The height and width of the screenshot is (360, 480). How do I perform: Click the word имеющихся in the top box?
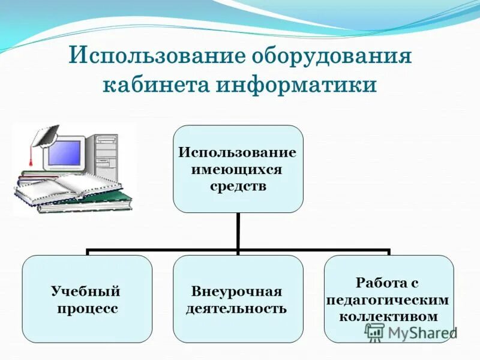tap(236, 169)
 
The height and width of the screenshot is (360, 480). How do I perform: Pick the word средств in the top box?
tap(238, 186)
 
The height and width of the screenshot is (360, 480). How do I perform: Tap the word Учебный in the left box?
tap(86, 292)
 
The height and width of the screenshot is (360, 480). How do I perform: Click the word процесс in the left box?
tap(88, 310)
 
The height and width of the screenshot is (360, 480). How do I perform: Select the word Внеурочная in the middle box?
tap(236, 292)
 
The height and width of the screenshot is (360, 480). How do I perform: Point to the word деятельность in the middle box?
tap(236, 310)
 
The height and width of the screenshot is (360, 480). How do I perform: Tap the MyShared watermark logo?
tap(411, 332)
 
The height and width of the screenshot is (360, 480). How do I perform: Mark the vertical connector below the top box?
tap(238, 231)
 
